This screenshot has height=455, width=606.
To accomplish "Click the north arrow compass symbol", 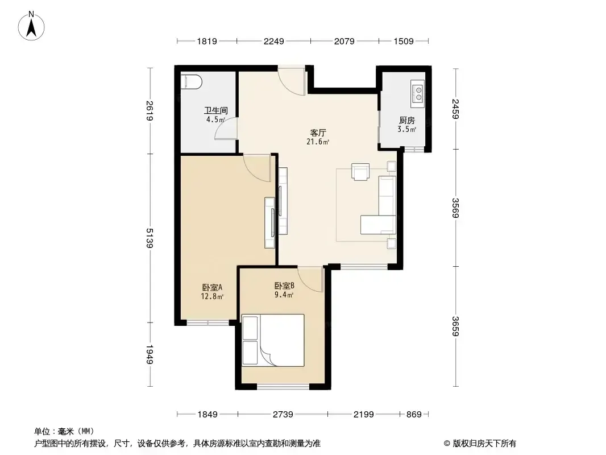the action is pos(31,26).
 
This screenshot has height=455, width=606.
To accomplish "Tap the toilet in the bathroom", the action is pos(192,81).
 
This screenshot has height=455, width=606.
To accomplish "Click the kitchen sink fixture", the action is pos(417,93).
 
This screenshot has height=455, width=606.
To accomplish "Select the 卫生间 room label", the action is pos(215,110).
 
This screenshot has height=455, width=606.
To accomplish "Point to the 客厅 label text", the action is pos(318,133).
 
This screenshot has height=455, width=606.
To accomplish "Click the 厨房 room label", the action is pos(407,120).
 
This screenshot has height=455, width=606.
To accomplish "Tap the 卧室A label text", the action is pos(212,288).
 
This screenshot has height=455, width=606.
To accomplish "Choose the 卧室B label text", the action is pos(284,286).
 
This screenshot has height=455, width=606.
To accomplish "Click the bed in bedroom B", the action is pos(273,340).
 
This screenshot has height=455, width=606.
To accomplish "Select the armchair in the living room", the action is pos(360,172).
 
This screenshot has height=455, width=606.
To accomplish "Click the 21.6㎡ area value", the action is pos(318,142).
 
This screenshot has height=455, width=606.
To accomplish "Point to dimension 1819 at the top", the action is pos(207,41).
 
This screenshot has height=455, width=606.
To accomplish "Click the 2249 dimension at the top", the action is pos(273,41).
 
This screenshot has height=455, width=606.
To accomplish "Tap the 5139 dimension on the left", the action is pos(150,238).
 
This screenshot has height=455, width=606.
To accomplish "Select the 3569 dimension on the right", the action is pos(456,208).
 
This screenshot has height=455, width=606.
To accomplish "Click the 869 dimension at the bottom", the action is pos(414,415).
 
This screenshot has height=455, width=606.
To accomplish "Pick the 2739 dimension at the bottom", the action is pos(283,415).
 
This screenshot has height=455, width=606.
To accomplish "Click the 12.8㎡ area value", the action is pos(212,296).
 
